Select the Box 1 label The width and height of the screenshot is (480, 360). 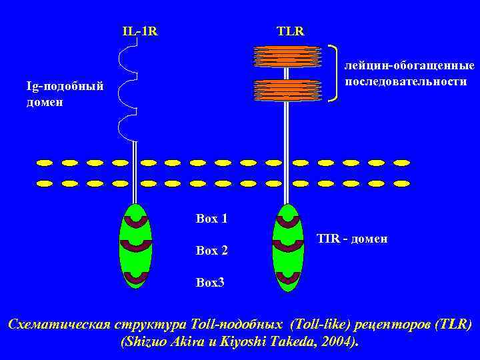point(212,218)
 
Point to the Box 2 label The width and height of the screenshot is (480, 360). point(212,251)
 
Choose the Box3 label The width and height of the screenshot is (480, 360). point(211,282)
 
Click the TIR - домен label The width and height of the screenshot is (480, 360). point(352,239)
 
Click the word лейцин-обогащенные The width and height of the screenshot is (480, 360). point(409,66)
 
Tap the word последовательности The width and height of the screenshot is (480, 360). point(406,81)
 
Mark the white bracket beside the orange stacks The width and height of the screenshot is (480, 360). point(334,73)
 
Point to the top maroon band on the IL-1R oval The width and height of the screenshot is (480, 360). point(135,221)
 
